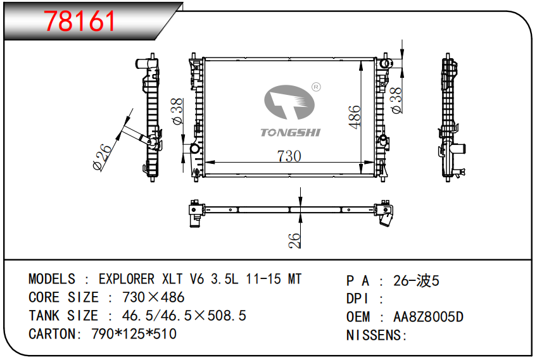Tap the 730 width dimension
[x=289, y=156]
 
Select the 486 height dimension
[x=355, y=118]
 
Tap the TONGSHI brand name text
[x=291, y=132]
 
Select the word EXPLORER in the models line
[x=126, y=280]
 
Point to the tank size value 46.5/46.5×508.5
[x=178, y=315]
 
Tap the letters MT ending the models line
[x=294, y=280]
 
